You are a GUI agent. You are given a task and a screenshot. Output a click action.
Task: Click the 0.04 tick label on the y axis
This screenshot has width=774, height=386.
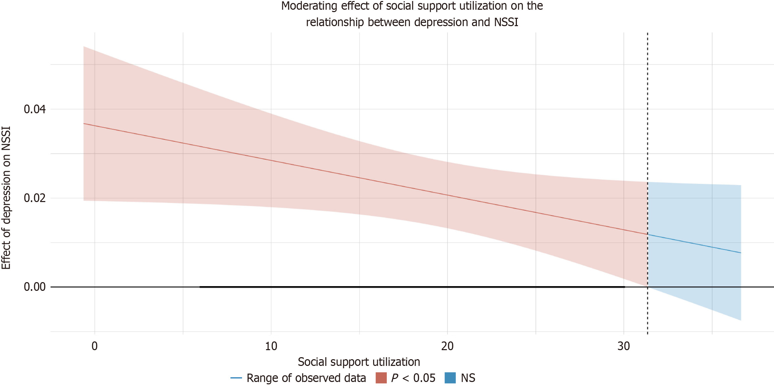(x=35, y=109)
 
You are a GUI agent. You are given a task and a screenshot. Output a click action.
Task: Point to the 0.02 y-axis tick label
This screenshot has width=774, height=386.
(x=35, y=198)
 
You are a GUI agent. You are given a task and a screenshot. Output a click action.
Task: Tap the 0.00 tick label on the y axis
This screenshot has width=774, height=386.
(x=35, y=287)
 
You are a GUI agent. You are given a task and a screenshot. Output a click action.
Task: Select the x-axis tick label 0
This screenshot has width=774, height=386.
(x=95, y=346)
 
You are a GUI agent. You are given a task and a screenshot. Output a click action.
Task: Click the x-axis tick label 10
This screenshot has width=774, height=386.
(x=271, y=346)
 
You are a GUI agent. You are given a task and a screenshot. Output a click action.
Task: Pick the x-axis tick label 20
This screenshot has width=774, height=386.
(x=447, y=346)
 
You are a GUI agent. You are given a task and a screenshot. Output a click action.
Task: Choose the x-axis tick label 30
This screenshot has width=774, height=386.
(x=623, y=346)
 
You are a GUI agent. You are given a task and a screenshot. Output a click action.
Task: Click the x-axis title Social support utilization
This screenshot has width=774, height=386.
(x=359, y=362)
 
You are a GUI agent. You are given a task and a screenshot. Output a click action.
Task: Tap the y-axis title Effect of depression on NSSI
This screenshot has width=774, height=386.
(x=6, y=198)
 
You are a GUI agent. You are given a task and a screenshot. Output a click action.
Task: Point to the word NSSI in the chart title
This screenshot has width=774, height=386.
(x=506, y=22)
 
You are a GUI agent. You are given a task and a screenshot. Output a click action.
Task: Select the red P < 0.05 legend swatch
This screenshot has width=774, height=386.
(x=381, y=378)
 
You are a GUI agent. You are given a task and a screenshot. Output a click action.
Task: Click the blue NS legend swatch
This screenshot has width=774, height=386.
(x=450, y=378)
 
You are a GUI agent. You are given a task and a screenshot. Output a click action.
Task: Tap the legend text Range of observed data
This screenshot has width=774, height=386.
(x=306, y=378)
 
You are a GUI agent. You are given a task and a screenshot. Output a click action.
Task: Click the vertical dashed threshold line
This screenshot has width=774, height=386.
(x=647, y=101)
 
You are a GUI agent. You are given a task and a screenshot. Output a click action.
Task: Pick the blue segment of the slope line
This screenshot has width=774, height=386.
(x=694, y=244)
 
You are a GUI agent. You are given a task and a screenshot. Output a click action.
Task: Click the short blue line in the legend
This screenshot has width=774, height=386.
(x=236, y=378)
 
